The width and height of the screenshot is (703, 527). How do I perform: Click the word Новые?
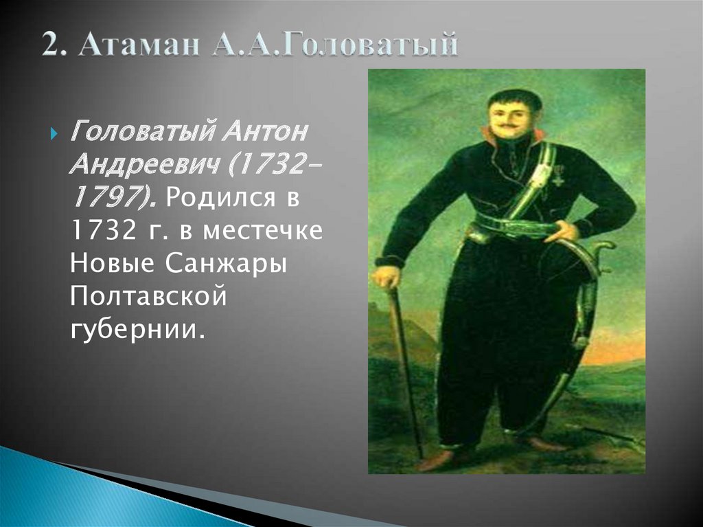(x=110, y=263)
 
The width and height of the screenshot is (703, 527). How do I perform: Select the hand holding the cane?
(x=387, y=276)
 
